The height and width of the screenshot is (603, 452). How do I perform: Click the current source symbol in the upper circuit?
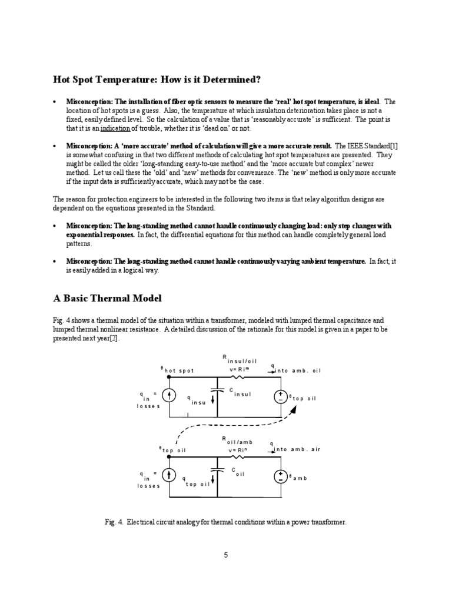(x=169, y=396)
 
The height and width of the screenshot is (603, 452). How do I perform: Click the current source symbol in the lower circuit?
(x=169, y=475)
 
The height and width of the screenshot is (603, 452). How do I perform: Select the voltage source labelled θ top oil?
(x=281, y=396)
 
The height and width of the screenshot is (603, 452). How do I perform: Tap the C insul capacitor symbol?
(x=218, y=389)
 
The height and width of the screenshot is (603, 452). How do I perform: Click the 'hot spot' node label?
(x=178, y=370)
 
